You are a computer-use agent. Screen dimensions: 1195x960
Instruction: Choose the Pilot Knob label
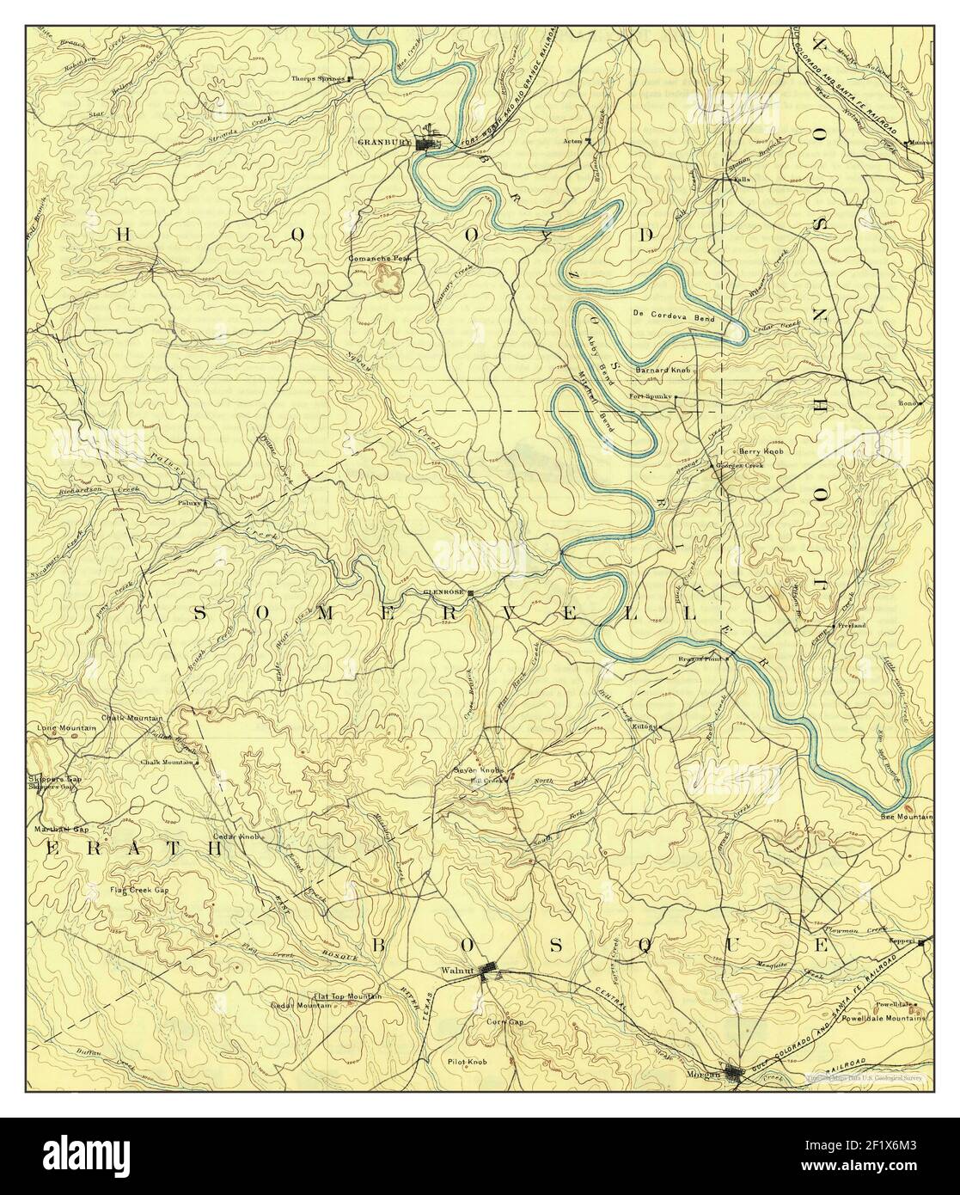(468, 1062)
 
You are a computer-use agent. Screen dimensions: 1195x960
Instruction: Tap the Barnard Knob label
(663, 370)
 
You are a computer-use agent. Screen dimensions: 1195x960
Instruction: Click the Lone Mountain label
(65, 727)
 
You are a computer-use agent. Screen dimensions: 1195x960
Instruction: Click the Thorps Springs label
(317, 78)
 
